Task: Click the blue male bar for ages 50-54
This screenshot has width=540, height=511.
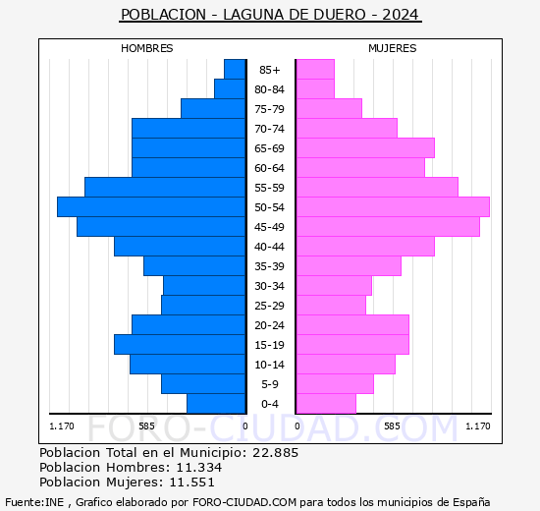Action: (x=151, y=206)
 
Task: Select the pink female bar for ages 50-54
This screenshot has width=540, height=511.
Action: (x=393, y=206)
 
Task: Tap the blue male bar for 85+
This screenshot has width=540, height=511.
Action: (x=235, y=69)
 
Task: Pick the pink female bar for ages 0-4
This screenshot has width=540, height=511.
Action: (x=326, y=403)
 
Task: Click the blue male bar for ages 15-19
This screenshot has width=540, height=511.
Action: (x=180, y=344)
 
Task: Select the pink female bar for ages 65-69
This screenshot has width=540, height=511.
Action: (x=365, y=147)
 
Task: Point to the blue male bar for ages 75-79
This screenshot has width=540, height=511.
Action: (x=213, y=108)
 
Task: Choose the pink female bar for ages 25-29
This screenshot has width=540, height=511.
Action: (x=331, y=305)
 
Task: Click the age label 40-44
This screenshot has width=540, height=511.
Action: (x=270, y=247)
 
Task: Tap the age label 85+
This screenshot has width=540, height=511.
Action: (x=270, y=70)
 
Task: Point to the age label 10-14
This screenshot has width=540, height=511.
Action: (x=270, y=365)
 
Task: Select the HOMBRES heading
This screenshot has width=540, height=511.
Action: (x=147, y=48)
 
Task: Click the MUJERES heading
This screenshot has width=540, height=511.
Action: (x=393, y=48)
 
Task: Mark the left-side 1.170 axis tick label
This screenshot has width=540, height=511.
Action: (x=62, y=426)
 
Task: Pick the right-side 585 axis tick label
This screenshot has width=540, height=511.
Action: (x=392, y=426)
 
